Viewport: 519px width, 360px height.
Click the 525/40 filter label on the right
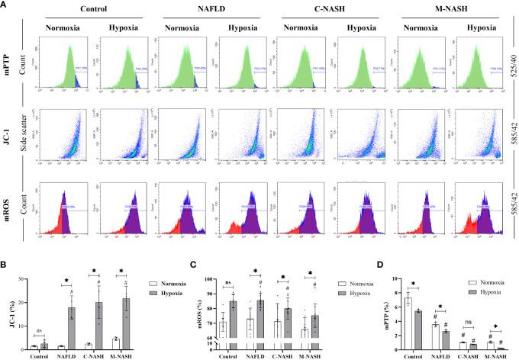point(510,73)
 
